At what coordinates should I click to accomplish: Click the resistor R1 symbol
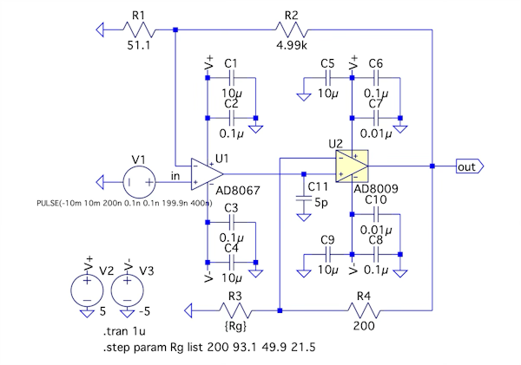139,30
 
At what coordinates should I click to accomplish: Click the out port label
467,166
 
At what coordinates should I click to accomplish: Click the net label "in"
175,176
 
